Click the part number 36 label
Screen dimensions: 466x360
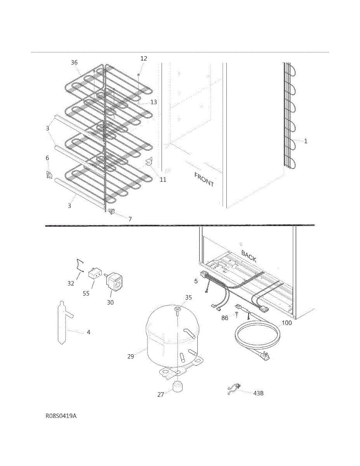point(74,63)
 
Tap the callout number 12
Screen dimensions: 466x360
point(144,59)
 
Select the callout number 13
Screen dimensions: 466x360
point(154,102)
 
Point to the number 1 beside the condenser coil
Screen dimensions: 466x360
point(306,141)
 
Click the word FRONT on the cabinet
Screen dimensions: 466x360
point(204,179)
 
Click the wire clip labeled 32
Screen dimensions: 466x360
point(80,266)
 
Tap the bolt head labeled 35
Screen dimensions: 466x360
point(177,309)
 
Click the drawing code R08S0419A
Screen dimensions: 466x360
point(61,416)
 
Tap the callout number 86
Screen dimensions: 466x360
point(225,318)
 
